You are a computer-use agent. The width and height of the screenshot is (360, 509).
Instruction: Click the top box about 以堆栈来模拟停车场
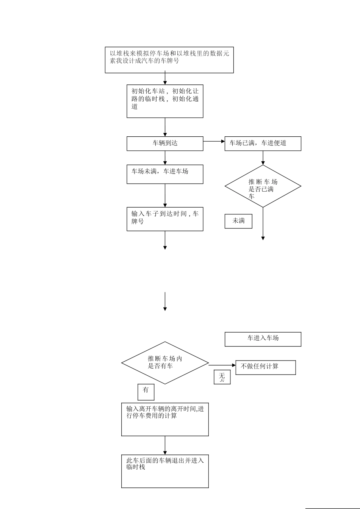pos(169,60)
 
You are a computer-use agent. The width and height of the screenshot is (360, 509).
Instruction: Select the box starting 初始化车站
pos(165,101)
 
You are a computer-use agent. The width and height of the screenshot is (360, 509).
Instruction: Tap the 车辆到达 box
pos(165,144)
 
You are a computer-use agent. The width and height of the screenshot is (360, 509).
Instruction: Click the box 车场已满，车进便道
pos(263,144)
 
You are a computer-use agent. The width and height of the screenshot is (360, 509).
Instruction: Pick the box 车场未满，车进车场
pos(165,174)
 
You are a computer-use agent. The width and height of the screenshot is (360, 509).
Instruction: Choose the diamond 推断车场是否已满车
pos(263,186)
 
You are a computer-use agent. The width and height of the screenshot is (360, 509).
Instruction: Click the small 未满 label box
pos(238,221)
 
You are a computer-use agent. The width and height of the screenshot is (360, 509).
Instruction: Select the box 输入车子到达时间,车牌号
pos(165,219)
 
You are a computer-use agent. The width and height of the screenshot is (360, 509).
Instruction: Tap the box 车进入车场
pos(263,339)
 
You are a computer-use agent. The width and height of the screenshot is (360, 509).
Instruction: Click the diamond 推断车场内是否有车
pos(165,363)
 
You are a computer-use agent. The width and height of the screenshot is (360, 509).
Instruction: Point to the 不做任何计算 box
pos(265,367)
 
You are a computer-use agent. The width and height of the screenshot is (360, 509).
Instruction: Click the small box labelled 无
pos(222,377)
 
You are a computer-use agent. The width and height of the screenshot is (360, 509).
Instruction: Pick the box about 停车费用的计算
pos(165,419)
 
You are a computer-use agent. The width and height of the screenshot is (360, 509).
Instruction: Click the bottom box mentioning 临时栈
pos(165,471)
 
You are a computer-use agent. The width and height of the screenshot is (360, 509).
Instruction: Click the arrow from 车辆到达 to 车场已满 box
pos(214,141)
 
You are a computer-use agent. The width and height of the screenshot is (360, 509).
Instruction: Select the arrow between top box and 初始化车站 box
pos(165,79)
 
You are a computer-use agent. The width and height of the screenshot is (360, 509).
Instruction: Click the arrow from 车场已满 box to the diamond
pos(263,158)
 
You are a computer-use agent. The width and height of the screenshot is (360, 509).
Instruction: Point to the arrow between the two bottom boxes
pos(165,445)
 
